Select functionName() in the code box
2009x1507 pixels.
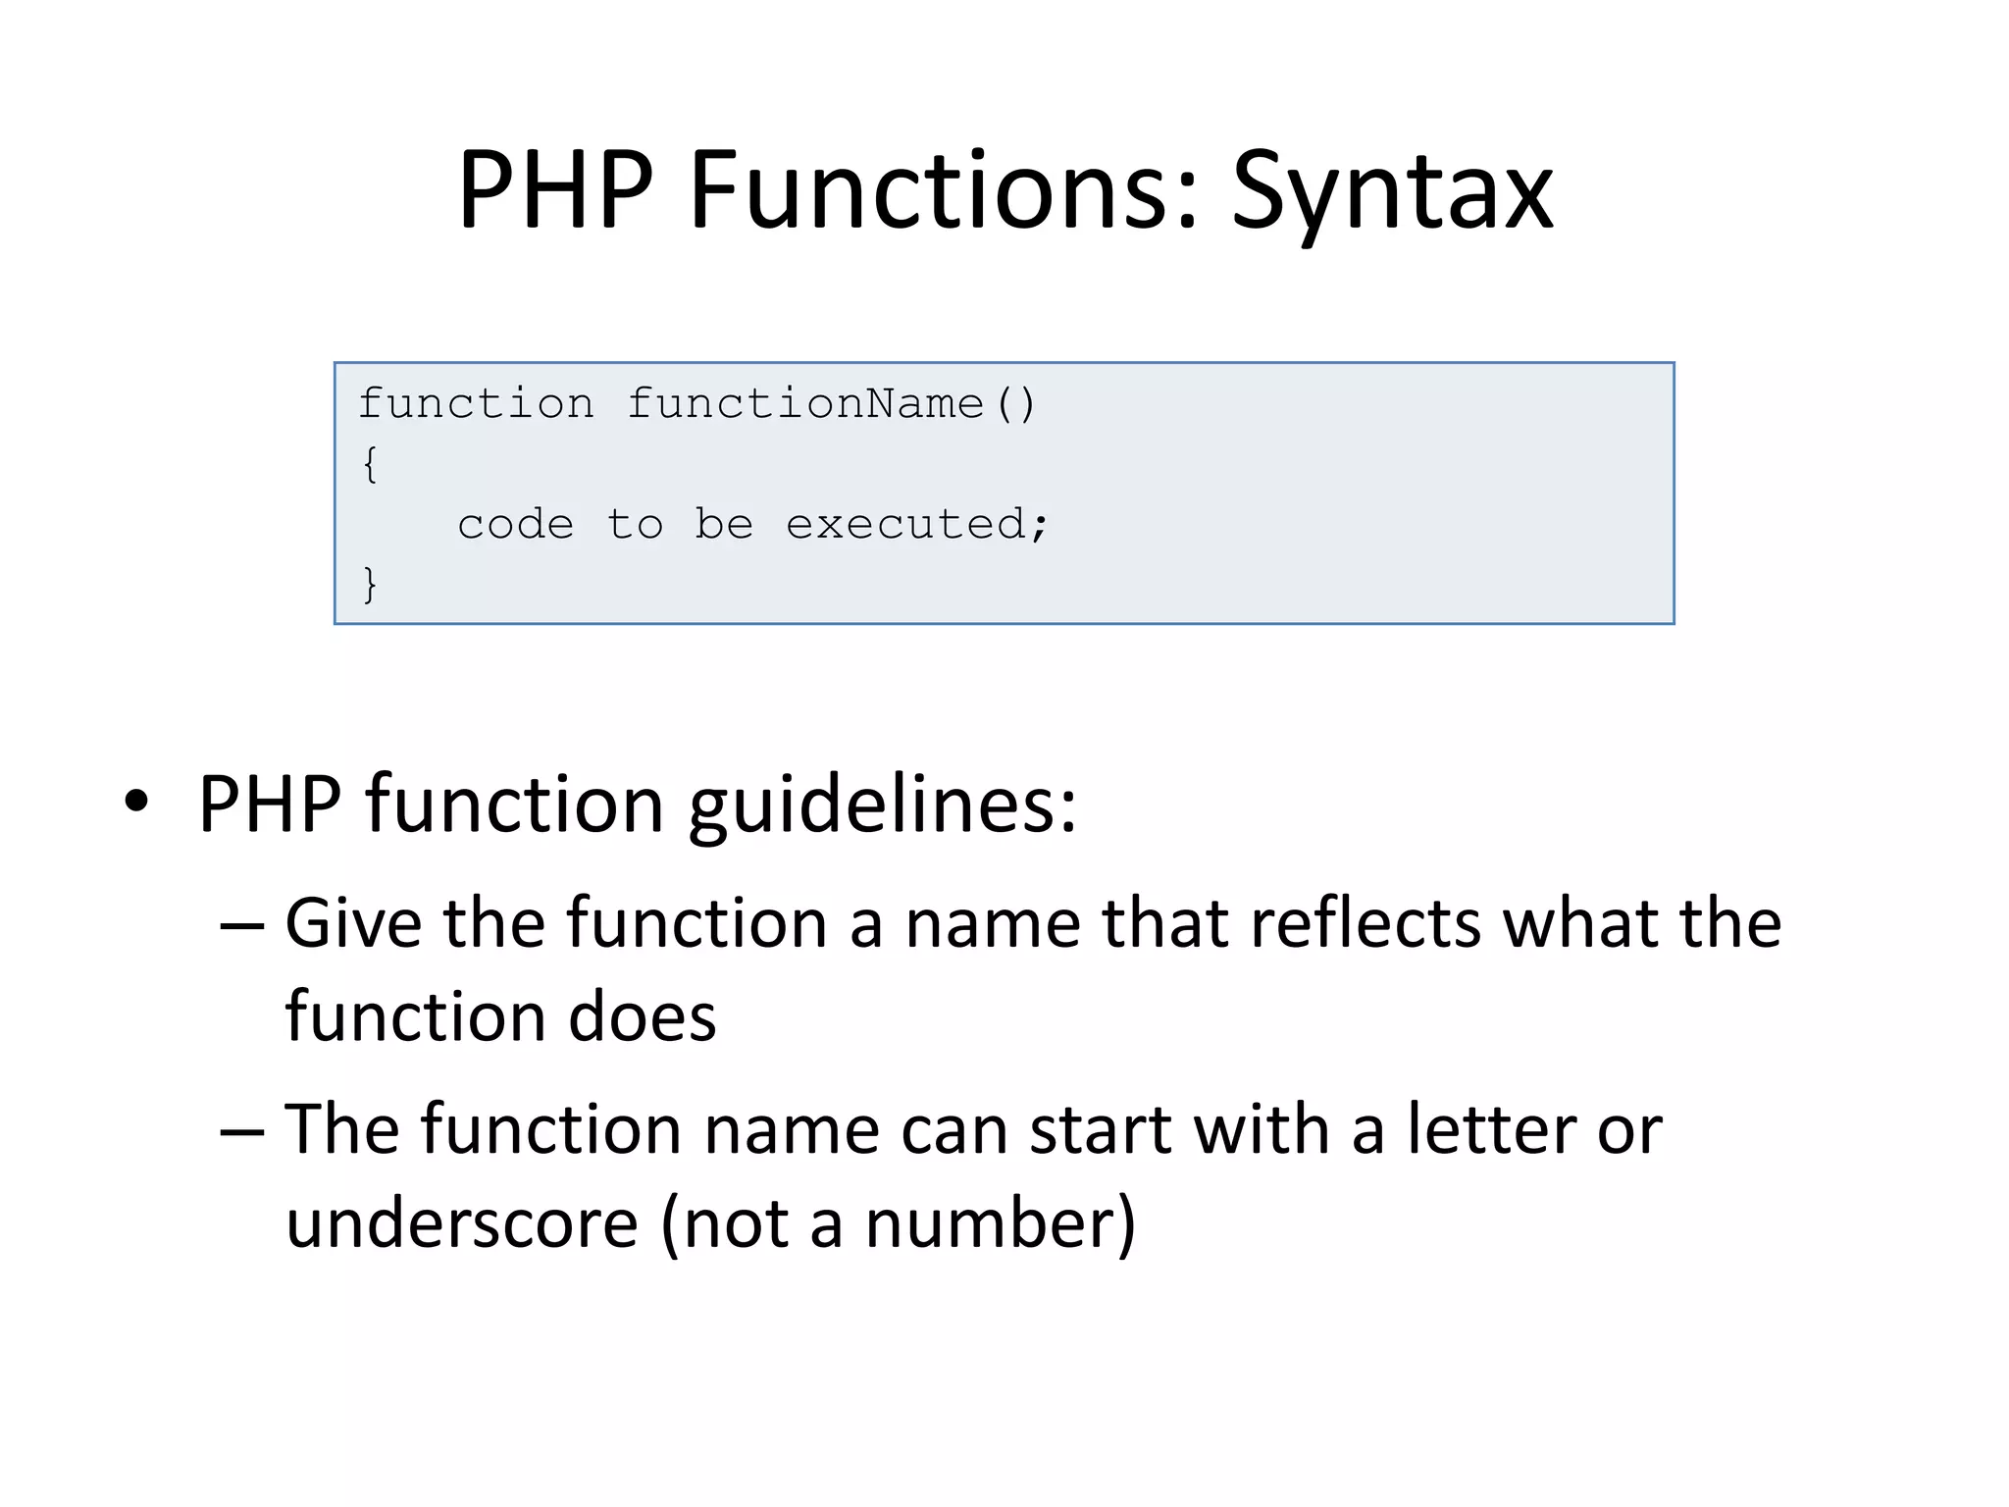(830, 404)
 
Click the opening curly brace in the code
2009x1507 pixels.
(370, 464)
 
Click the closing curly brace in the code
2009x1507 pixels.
(370, 585)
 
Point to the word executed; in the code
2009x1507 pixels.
(917, 524)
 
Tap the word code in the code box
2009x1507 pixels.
(516, 524)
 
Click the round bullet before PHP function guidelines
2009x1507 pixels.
(136, 803)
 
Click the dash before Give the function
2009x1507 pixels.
(242, 925)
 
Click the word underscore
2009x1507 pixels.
(462, 1224)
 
